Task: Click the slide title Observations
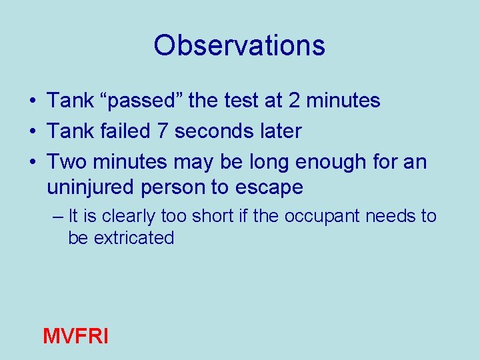[239, 45]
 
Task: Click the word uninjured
[91, 187]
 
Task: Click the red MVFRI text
[75, 336]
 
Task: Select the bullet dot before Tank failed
[32, 132]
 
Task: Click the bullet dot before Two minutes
[32, 163]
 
